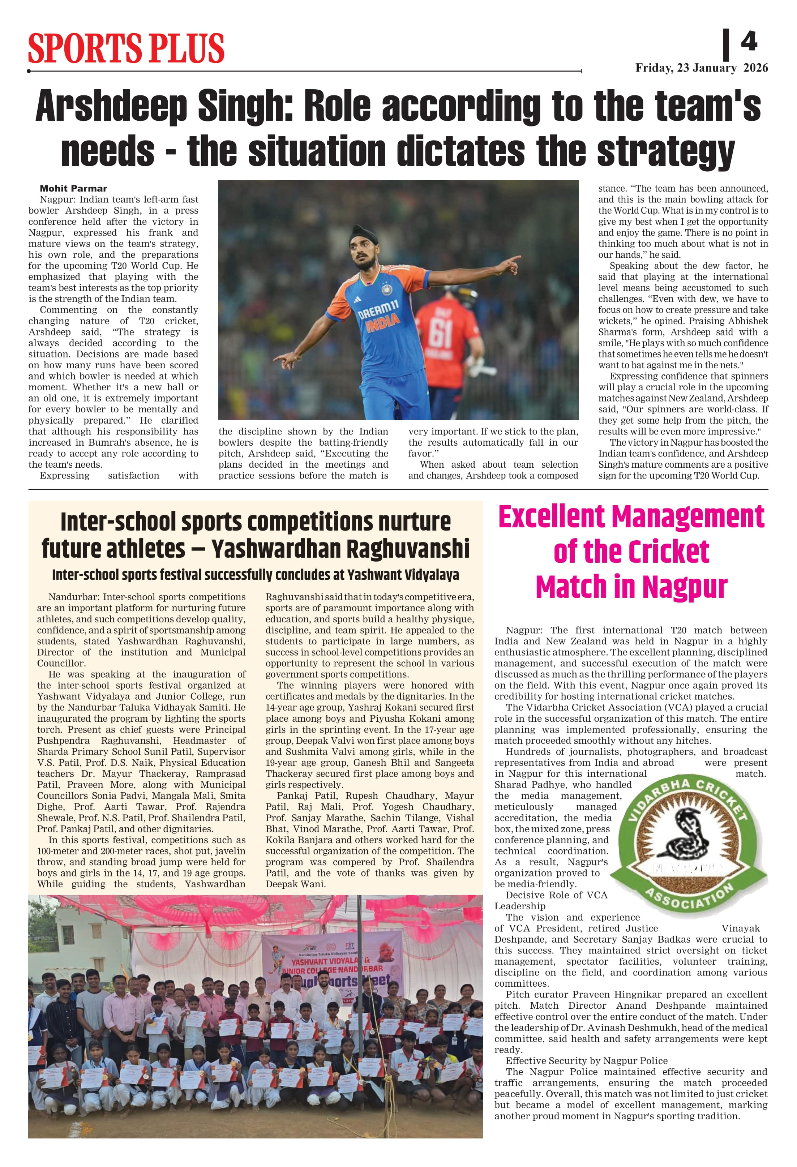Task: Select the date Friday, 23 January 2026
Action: pos(701,68)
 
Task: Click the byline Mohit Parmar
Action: pos(73,188)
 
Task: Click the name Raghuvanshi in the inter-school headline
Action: pos(408,548)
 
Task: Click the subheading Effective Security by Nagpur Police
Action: pos(587,1060)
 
